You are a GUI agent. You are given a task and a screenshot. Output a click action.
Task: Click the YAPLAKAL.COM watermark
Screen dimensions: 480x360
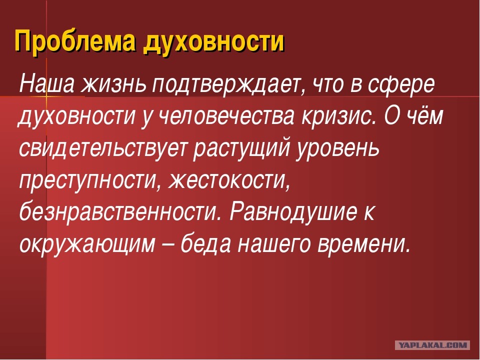coord(432,345)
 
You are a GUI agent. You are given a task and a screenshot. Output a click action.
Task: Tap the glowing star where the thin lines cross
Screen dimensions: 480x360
coord(46,96)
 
